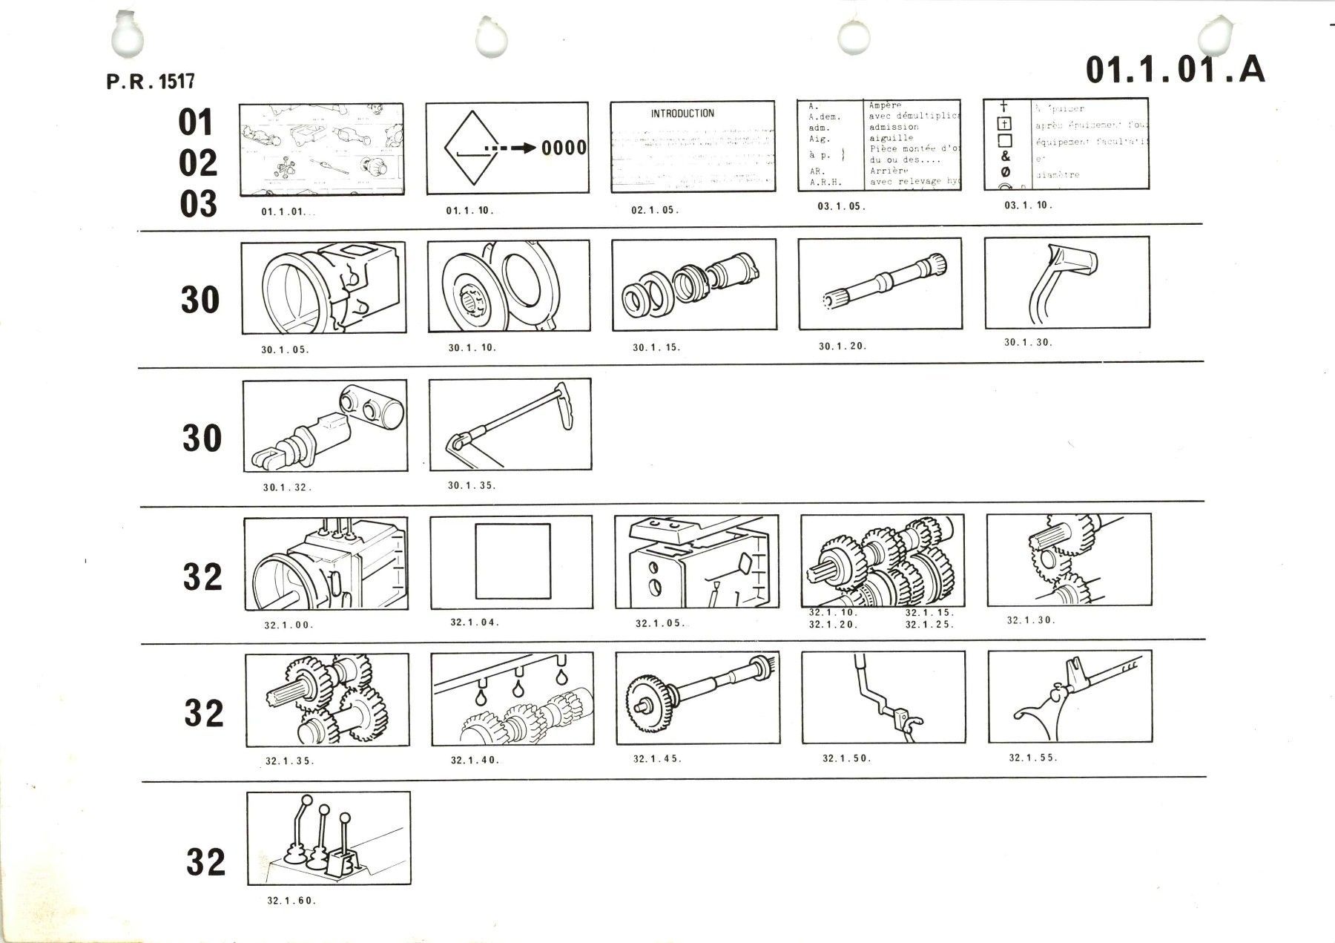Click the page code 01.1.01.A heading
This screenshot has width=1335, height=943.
point(1175,70)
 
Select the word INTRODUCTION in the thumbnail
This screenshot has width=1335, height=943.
point(682,114)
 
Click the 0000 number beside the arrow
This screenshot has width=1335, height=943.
point(564,148)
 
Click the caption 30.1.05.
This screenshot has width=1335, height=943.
point(285,349)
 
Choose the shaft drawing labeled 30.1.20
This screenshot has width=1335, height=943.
point(880,283)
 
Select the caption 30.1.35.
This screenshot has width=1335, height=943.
point(472,486)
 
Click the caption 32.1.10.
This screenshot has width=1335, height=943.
point(833,613)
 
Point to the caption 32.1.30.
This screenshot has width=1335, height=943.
point(1031,620)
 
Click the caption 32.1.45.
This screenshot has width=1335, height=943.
point(657,759)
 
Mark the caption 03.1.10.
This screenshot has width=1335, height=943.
point(1028,206)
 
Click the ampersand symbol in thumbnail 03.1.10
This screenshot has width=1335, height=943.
point(1006,156)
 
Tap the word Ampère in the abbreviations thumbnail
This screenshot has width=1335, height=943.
point(886,106)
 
